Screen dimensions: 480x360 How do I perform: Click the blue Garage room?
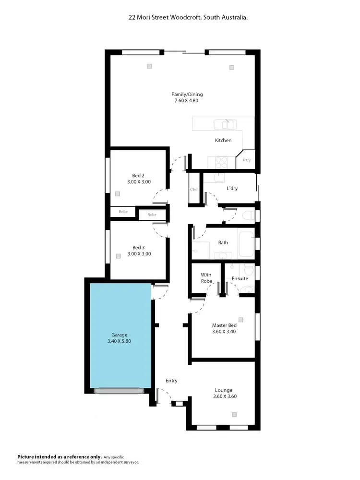tap(120, 336)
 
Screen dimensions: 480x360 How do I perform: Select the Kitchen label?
tap(223, 140)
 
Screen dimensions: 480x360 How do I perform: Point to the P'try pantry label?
tap(247, 160)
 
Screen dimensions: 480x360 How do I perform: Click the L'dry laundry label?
tap(232, 188)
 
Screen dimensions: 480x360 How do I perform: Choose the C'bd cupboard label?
tap(194, 189)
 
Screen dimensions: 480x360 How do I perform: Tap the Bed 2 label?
tap(139, 175)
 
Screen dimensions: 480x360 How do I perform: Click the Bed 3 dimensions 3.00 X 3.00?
tap(139, 253)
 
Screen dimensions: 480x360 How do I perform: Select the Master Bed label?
tap(223, 325)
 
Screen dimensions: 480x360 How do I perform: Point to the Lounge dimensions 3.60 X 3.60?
tap(225, 396)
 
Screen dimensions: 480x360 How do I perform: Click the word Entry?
tap(171, 381)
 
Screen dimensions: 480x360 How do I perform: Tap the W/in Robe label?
tap(206, 278)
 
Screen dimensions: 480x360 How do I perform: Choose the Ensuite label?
tap(240, 278)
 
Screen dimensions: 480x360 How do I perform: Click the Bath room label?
tap(223, 242)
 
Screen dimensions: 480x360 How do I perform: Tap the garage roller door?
tap(119, 391)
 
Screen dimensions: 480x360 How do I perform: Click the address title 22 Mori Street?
tap(188, 17)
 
